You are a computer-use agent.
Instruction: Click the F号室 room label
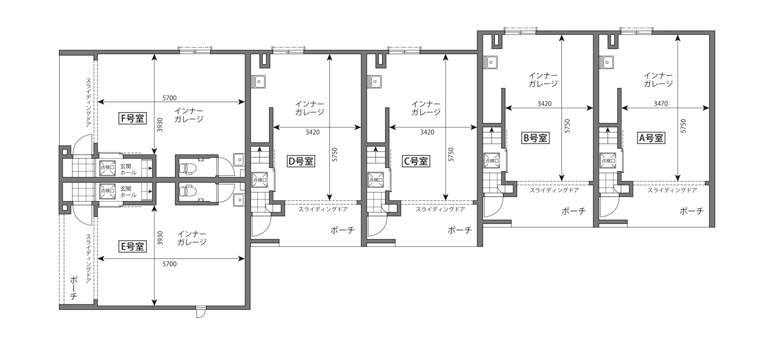coord(132,118)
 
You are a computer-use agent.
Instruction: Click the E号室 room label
coord(132,246)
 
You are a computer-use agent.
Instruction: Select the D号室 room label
coord(301,161)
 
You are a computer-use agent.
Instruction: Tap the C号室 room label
coord(416,161)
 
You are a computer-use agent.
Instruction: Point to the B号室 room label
coord(535,138)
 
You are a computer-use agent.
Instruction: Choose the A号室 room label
coord(651,138)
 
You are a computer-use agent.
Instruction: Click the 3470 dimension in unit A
coord(661,103)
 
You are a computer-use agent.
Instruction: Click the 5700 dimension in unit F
coord(170,98)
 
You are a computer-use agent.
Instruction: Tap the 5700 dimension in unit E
coord(170,264)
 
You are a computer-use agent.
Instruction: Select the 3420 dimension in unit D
coord(312,132)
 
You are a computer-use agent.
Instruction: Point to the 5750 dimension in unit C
coord(450,154)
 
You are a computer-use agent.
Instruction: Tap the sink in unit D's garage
coord(259,82)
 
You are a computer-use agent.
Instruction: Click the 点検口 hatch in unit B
coord(492,160)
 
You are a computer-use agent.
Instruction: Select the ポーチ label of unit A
coord(691,211)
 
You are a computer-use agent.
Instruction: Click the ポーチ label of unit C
coord(460,230)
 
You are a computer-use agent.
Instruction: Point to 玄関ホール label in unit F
coord(128,170)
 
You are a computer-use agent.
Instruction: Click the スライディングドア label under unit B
coord(554,190)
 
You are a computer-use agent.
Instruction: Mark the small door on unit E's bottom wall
coord(200,312)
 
